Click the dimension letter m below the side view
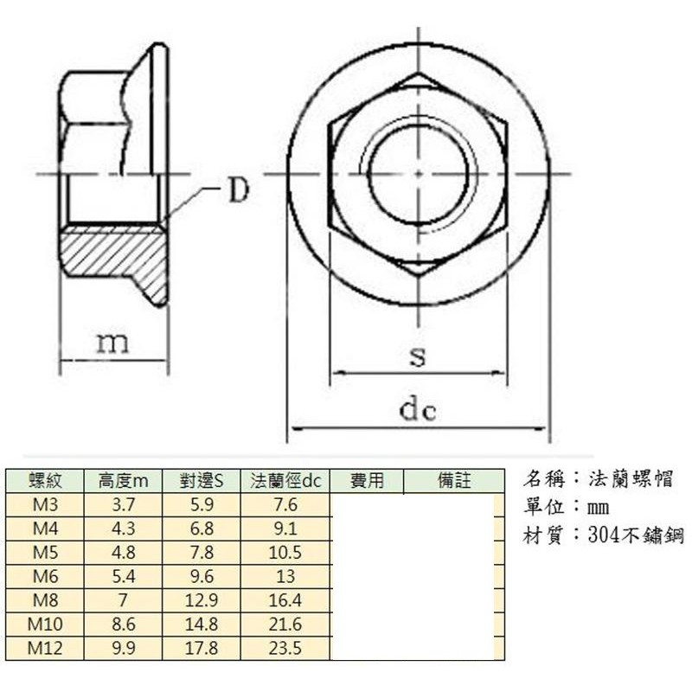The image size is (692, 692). pyautogui.click(x=112, y=343)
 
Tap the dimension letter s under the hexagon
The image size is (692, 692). pyautogui.click(x=418, y=356)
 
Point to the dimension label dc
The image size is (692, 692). pyautogui.click(x=418, y=410)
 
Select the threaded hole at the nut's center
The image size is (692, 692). pyautogui.click(x=419, y=173)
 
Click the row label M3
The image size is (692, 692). pyautogui.click(x=45, y=505)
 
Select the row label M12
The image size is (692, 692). pyautogui.click(x=45, y=647)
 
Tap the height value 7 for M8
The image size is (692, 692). pyautogui.click(x=124, y=599)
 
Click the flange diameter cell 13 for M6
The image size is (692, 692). pyautogui.click(x=285, y=576)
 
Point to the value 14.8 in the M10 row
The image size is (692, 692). pyautogui.click(x=202, y=624)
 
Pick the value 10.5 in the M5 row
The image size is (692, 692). pyautogui.click(x=285, y=553)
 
